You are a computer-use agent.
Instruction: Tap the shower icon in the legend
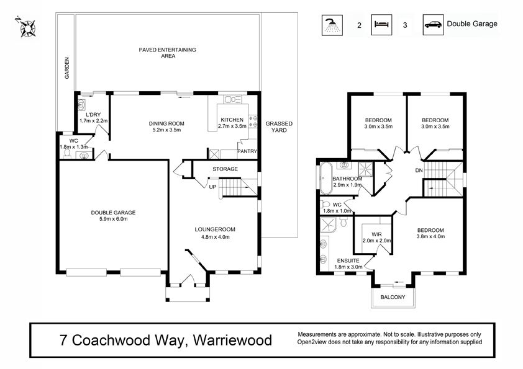tap(332, 25)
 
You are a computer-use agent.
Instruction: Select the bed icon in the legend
tap(381, 25)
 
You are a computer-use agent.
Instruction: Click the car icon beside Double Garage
tap(433, 25)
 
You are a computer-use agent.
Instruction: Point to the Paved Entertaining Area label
tap(168, 53)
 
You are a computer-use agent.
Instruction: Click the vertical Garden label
tap(67, 68)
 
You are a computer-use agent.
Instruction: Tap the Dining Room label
tap(166, 123)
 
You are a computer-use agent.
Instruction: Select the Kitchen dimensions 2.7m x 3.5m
tap(232, 127)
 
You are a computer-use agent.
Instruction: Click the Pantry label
tap(247, 151)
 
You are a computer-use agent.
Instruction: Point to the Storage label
tap(225, 169)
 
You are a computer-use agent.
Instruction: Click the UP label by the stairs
tap(212, 187)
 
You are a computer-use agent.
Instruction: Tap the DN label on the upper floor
tap(419, 171)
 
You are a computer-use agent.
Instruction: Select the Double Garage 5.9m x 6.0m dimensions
tap(114, 219)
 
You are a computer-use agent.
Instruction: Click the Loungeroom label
tap(215, 229)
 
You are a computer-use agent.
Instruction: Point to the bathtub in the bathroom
tap(326, 178)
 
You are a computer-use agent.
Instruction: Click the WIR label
tap(376, 234)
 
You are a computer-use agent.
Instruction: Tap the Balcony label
tap(393, 297)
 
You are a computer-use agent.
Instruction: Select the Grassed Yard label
tap(279, 127)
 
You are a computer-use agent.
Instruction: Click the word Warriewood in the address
tap(232, 340)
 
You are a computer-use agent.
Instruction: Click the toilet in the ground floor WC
tap(67, 153)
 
